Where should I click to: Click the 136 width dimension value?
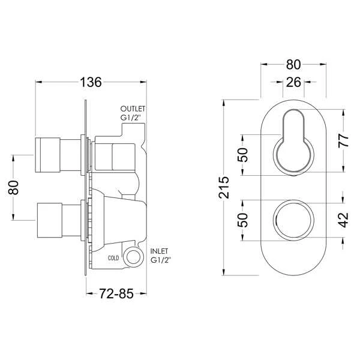(x=91, y=82)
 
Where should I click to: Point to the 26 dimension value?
(x=293, y=83)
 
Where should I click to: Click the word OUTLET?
(x=133, y=108)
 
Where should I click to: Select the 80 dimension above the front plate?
(x=293, y=62)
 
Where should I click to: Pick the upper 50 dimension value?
(x=244, y=154)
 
